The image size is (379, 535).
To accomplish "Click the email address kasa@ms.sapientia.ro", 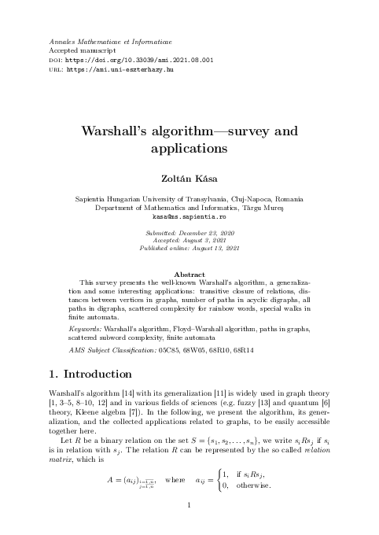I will click(x=189, y=216).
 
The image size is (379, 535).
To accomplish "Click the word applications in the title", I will click(x=189, y=148).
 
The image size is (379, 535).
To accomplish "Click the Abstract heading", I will click(x=189, y=275).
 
